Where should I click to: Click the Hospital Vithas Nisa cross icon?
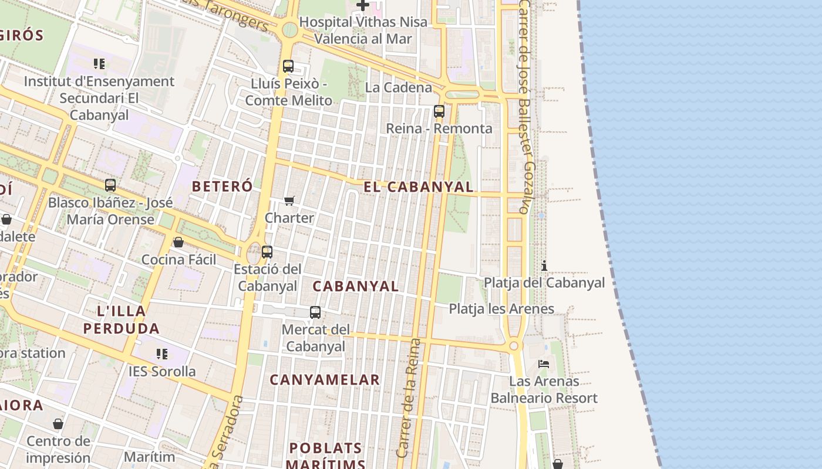click(x=363, y=5)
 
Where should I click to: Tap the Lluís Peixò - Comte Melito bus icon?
click(x=288, y=66)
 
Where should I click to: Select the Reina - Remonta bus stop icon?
click(x=439, y=111)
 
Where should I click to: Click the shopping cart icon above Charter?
click(x=289, y=201)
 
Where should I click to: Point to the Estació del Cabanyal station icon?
click(x=267, y=252)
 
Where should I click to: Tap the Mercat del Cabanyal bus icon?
click(x=315, y=312)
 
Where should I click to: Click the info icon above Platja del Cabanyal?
click(x=544, y=266)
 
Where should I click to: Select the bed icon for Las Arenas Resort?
click(x=544, y=364)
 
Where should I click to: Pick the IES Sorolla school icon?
click(x=162, y=354)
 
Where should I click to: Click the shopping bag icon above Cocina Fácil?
click(x=178, y=242)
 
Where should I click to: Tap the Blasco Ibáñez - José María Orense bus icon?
click(x=110, y=185)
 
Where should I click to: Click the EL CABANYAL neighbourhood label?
click(x=418, y=187)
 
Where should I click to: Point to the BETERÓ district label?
click(x=223, y=186)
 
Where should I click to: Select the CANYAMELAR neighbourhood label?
click(x=325, y=380)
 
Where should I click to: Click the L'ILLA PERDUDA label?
click(x=121, y=320)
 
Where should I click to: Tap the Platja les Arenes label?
click(x=501, y=309)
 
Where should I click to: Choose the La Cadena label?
click(x=398, y=87)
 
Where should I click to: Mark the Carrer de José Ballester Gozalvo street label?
click(x=524, y=106)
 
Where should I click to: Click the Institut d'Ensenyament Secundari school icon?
click(x=99, y=63)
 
